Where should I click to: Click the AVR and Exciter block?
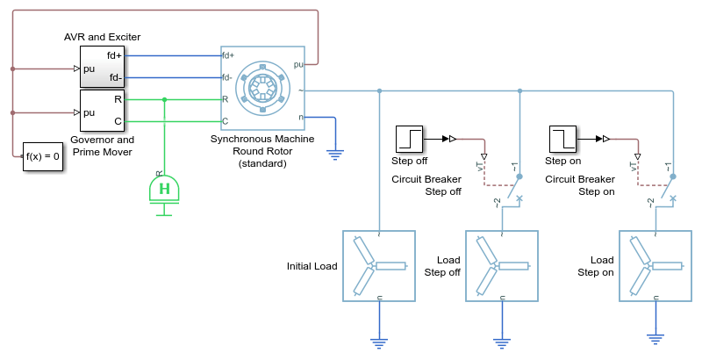click(102, 67)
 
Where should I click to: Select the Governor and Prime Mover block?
click(102, 110)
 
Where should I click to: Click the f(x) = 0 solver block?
click(42, 156)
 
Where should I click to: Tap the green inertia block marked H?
click(164, 192)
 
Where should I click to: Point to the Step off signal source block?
click(409, 140)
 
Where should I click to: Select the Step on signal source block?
click(562, 140)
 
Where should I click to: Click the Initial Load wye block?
click(379, 266)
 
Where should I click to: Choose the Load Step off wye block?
click(502, 266)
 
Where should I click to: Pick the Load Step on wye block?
click(655, 266)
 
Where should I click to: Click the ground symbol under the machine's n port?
click(335, 155)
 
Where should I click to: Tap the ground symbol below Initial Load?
click(379, 344)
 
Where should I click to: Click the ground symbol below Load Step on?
click(655, 340)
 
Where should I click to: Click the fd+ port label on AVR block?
click(114, 55)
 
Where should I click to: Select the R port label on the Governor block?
click(118, 99)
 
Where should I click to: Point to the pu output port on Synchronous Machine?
click(298, 64)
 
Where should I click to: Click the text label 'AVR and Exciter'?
click(102, 37)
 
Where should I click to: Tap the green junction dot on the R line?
click(164, 99)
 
